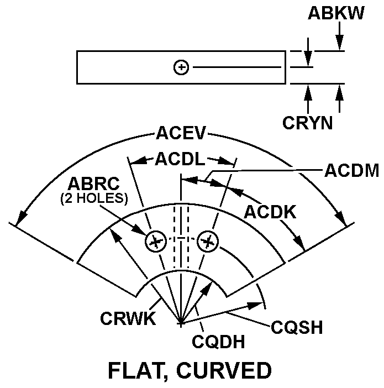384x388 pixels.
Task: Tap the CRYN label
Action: [308, 122]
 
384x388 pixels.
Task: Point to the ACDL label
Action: [180, 160]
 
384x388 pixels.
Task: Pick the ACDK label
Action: [271, 211]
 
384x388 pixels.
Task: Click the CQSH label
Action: [297, 327]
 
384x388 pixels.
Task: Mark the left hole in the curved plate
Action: [155, 241]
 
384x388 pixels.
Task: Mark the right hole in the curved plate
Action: [208, 241]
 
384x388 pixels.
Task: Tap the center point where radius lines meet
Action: [181, 322]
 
